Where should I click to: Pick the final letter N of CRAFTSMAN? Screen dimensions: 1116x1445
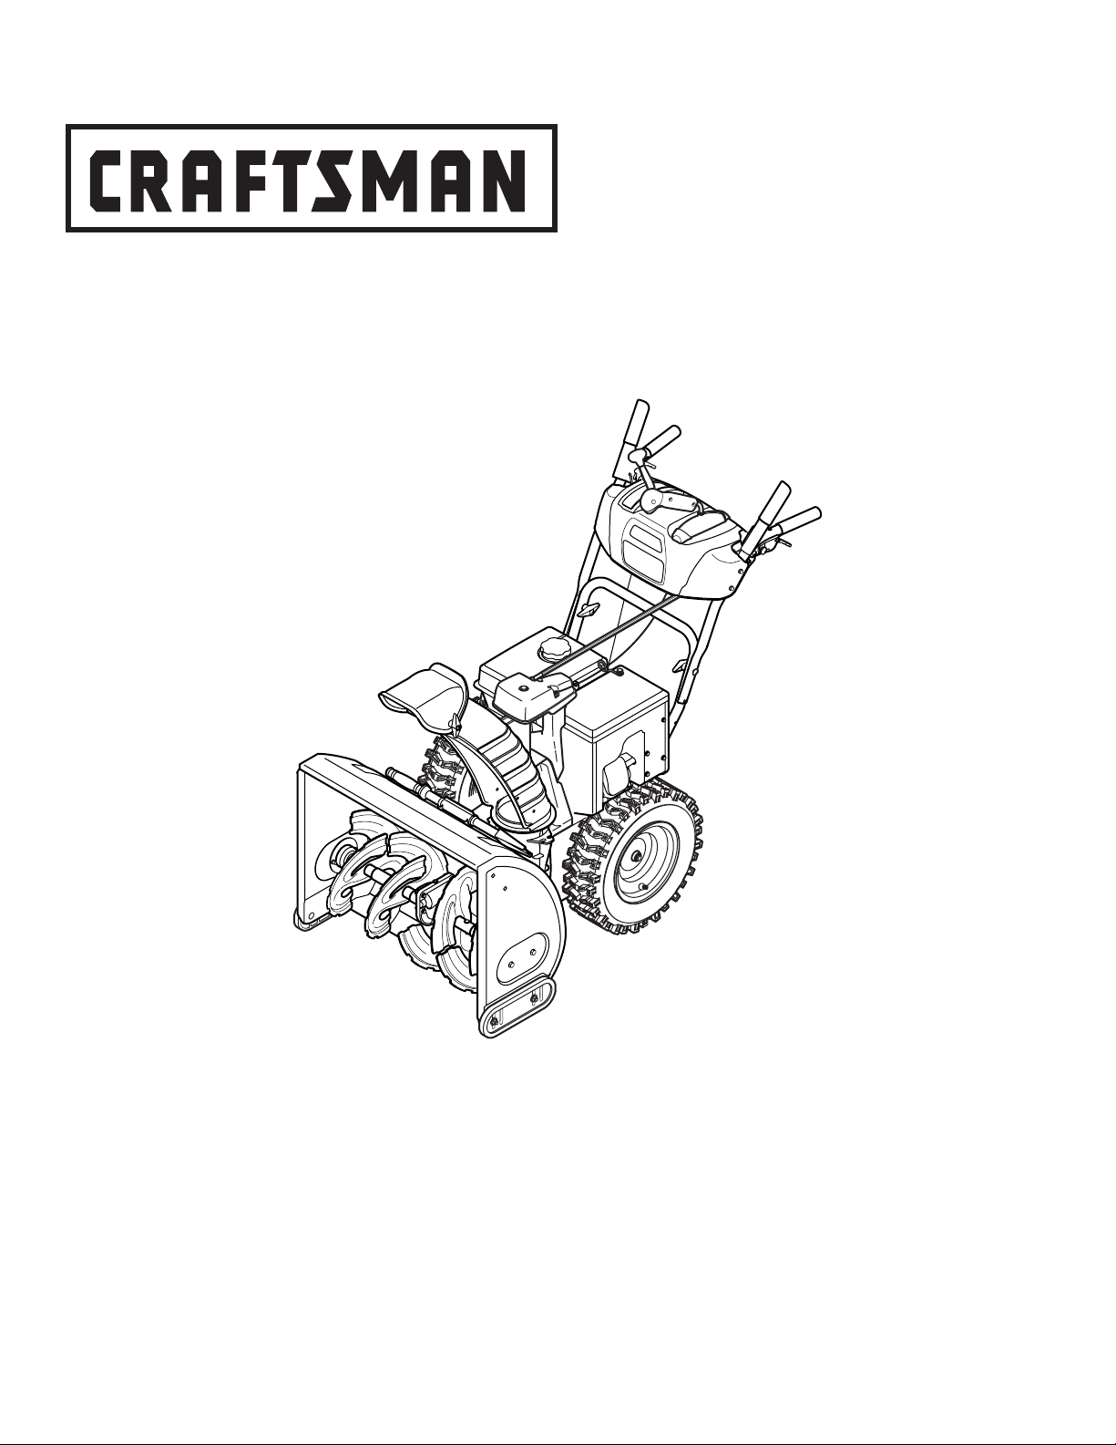(504, 178)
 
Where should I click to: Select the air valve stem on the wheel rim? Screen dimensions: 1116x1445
(644, 886)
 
